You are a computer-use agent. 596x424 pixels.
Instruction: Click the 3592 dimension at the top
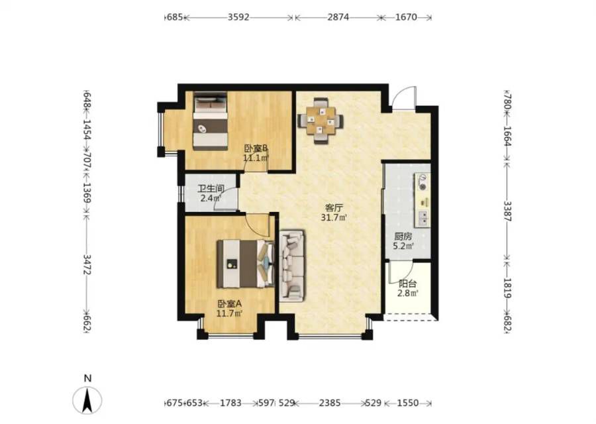[238, 17]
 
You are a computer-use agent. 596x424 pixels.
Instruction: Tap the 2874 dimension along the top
[338, 17]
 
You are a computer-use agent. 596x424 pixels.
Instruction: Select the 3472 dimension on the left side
[87, 264]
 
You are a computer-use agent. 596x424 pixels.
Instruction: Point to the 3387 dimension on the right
[507, 211]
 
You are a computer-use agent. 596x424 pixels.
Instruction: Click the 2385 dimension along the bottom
[330, 403]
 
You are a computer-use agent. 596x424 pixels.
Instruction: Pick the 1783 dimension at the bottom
[230, 403]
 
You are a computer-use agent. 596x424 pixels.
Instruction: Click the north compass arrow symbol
[87, 400]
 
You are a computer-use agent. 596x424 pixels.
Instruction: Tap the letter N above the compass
[88, 378]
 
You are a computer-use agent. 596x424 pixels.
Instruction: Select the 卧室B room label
[256, 148]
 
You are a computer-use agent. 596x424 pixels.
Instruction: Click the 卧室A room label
[230, 304]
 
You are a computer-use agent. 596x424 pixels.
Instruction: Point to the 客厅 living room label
[334, 208]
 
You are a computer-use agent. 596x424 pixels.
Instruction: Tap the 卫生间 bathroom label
[211, 189]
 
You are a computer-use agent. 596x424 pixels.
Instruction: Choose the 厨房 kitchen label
[403, 237]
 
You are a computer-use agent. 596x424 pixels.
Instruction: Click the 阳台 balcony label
[408, 284]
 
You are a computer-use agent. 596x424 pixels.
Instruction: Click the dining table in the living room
[321, 121]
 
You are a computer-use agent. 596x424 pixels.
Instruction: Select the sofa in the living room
[292, 266]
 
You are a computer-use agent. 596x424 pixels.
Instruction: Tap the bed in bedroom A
[245, 264]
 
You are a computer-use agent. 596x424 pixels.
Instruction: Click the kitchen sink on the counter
[423, 218]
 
